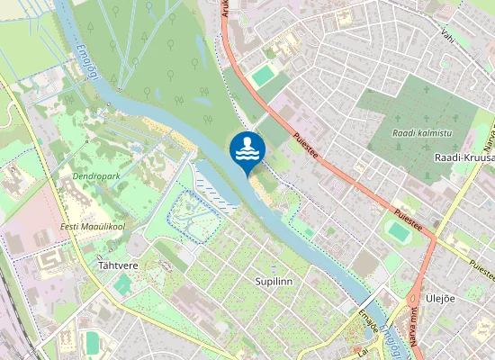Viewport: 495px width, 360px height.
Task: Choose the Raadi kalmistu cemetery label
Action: point(422,132)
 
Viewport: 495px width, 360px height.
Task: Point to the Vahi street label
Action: point(445,35)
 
